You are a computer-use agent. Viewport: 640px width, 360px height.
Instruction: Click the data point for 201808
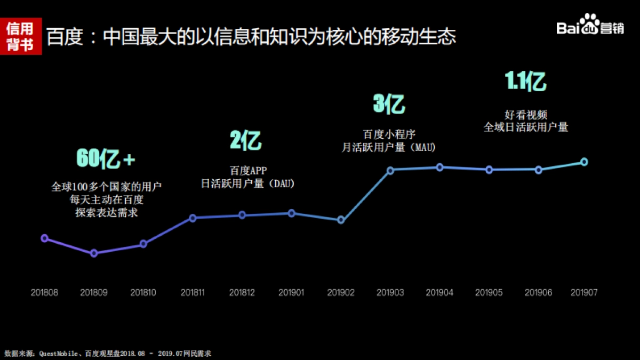pyautogui.click(x=45, y=238)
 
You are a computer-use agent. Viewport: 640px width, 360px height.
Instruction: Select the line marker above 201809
pyautogui.click(x=94, y=253)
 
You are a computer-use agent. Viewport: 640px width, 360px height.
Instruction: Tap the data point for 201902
pyautogui.click(x=341, y=220)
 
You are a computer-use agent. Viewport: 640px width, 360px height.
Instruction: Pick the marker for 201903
pyautogui.click(x=390, y=170)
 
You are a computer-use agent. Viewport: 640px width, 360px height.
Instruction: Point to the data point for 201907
pyautogui.click(x=584, y=162)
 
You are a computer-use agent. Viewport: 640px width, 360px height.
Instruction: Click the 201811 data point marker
pyautogui.click(x=193, y=218)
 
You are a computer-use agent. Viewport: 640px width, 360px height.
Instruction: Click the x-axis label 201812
pyautogui.click(x=242, y=292)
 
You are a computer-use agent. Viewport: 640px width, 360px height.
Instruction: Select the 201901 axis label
pyautogui.click(x=291, y=292)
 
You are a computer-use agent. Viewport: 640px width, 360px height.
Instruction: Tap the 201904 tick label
pyautogui.click(x=439, y=292)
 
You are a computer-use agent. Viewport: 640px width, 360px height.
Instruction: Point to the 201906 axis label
pyautogui.click(x=538, y=292)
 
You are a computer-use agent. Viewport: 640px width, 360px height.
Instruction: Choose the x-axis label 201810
pyautogui.click(x=143, y=292)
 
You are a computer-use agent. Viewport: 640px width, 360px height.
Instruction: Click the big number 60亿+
pyautogui.click(x=106, y=158)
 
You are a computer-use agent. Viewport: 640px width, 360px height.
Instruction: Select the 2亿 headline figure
pyautogui.click(x=246, y=141)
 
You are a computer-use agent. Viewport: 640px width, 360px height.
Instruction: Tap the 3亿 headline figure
pyautogui.click(x=389, y=103)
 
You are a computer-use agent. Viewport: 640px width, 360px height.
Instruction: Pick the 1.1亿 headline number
pyautogui.click(x=525, y=82)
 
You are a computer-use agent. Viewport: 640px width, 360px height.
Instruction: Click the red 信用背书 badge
pyautogui.click(x=20, y=36)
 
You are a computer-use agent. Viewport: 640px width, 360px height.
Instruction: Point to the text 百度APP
pyautogui.click(x=248, y=171)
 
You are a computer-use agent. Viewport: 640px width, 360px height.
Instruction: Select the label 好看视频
pyautogui.click(x=526, y=115)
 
